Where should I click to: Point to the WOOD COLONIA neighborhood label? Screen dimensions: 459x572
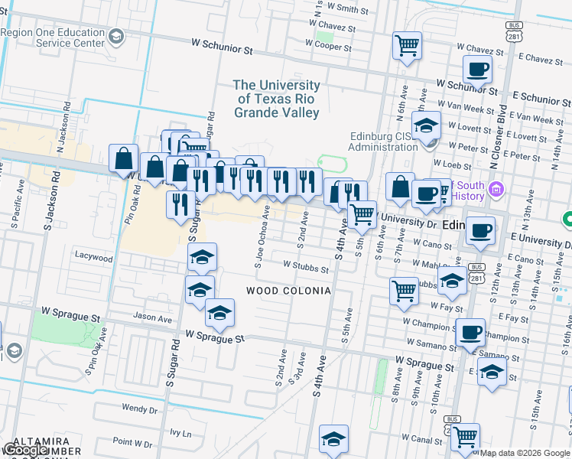click(288, 291)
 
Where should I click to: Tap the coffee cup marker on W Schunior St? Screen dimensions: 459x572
click(478, 69)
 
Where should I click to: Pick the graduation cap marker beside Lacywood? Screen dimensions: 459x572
click(202, 257)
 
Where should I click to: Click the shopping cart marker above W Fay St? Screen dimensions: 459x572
click(404, 290)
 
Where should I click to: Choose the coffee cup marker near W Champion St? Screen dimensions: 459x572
click(470, 333)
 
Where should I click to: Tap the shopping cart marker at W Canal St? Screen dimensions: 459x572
click(465, 437)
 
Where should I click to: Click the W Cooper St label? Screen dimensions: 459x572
click(328, 47)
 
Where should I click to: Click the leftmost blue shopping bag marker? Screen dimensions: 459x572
click(123, 159)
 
